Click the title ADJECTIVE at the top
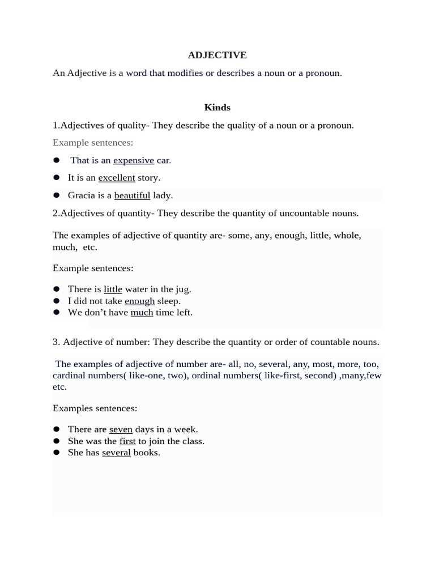click(x=217, y=55)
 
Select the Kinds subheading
click(x=217, y=107)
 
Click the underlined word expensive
click(x=134, y=160)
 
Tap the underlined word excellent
click(x=117, y=178)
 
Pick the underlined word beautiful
click(x=132, y=195)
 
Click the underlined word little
click(x=113, y=289)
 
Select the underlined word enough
click(x=139, y=301)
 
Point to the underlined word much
click(x=142, y=312)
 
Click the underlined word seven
click(x=121, y=429)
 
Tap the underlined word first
click(x=127, y=441)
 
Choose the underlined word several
click(x=116, y=453)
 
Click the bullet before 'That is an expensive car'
click(x=57, y=160)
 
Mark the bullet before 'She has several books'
click(x=57, y=453)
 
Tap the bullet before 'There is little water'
click(x=57, y=289)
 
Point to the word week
click(x=187, y=429)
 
